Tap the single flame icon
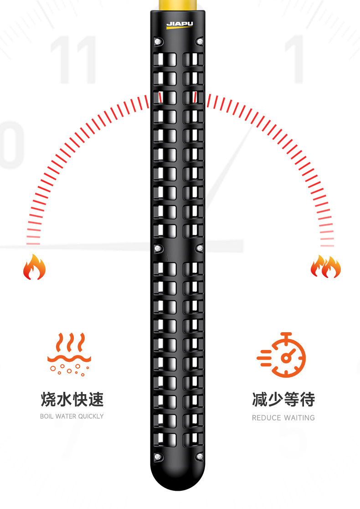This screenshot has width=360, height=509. (35, 267)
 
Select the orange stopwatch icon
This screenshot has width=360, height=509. (282, 355)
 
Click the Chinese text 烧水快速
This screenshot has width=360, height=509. (72, 400)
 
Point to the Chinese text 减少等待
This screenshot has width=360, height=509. (283, 400)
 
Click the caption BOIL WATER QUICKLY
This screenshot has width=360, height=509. (72, 416)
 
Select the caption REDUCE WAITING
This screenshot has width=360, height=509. (283, 417)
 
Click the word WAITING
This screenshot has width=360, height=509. (299, 417)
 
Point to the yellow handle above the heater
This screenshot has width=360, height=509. (178, 5)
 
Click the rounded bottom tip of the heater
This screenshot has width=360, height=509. (178, 478)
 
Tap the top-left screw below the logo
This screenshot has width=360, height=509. (158, 41)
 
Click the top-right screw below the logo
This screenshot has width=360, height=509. (199, 41)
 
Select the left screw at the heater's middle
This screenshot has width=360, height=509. (158, 248)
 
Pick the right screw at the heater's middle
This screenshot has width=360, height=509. (199, 248)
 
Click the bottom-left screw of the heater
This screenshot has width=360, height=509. (158, 456)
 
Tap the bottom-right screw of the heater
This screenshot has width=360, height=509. (199, 456)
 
